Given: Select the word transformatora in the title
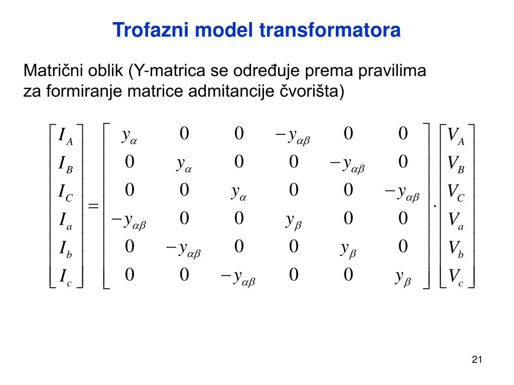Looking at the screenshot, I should click(331, 30).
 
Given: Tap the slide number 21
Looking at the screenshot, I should click(477, 359).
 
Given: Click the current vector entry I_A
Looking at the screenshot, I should click(66, 135).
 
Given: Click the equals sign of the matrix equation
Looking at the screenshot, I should click(93, 206).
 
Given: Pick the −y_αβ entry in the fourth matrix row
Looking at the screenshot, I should click(128, 221).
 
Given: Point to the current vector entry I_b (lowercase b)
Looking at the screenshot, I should click(66, 248).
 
